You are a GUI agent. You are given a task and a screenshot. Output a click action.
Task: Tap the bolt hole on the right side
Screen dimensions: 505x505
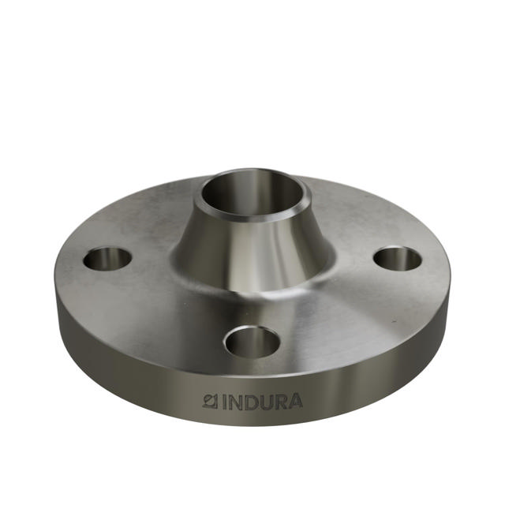(397, 258)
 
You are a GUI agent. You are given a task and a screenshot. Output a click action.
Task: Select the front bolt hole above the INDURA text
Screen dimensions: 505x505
(252, 342)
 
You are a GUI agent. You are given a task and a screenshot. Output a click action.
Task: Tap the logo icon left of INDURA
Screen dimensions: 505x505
(210, 401)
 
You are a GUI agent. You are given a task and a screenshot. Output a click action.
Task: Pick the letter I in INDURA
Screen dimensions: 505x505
(224, 402)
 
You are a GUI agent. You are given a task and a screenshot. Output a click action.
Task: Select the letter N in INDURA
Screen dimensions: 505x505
(236, 402)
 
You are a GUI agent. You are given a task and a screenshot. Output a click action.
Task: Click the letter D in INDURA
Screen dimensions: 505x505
(251, 402)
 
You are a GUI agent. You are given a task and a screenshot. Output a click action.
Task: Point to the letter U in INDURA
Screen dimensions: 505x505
(266, 402)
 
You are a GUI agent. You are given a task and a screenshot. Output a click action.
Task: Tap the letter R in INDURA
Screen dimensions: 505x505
(280, 402)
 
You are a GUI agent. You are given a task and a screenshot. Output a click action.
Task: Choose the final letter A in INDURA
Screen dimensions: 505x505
(294, 401)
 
